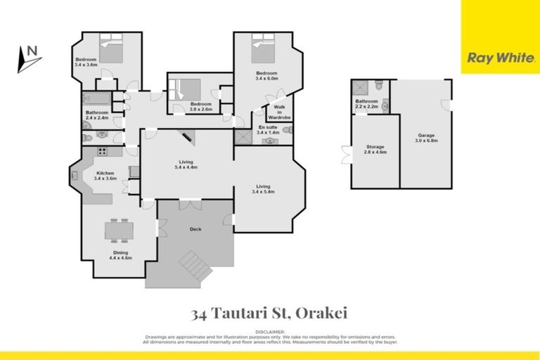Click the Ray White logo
click(500, 58)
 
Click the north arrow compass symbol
click(29, 59)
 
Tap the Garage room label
click(426, 138)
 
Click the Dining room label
click(120, 255)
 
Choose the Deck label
click(196, 229)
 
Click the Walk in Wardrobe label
click(279, 112)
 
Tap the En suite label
click(269, 129)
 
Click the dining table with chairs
click(118, 230)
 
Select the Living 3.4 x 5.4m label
click(265, 188)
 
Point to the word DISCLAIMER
click(270, 331)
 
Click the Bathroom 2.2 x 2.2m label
click(366, 103)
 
